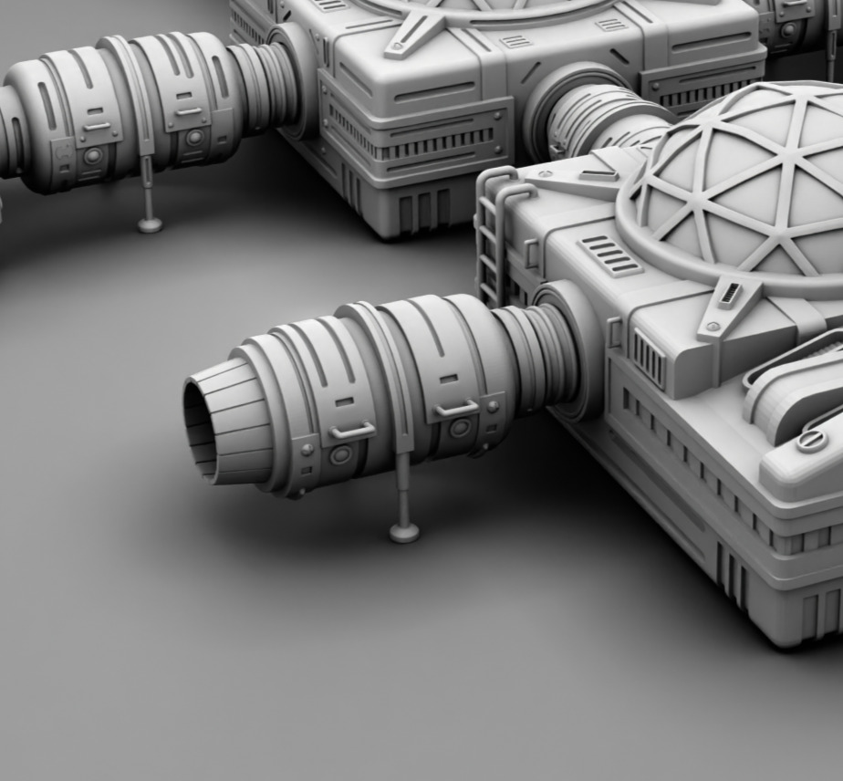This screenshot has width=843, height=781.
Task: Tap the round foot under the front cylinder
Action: point(404,532)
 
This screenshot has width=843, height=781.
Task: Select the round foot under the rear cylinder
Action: point(150,224)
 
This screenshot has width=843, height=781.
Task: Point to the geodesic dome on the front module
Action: point(748,182)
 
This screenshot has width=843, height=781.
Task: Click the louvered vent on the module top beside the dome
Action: point(610,255)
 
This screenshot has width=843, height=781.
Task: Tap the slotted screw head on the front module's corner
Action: point(809,441)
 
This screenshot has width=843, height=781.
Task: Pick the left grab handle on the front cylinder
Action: point(352,431)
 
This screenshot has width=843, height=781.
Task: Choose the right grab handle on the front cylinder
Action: point(457,408)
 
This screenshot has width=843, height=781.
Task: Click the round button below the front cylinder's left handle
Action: point(341,453)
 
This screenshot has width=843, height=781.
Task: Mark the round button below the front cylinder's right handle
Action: point(460,427)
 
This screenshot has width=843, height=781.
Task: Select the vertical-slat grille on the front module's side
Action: point(649,357)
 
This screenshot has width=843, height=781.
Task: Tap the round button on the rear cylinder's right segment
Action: point(194,138)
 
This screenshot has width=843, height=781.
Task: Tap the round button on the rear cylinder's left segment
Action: point(92,155)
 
